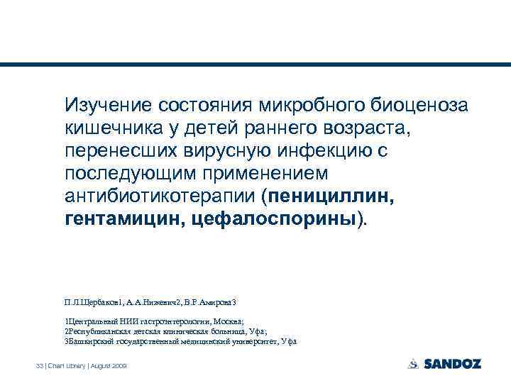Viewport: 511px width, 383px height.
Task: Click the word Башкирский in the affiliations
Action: (x=91, y=341)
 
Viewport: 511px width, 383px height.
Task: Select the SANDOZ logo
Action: (x=444, y=364)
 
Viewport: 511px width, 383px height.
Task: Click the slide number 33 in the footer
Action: (x=40, y=365)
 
